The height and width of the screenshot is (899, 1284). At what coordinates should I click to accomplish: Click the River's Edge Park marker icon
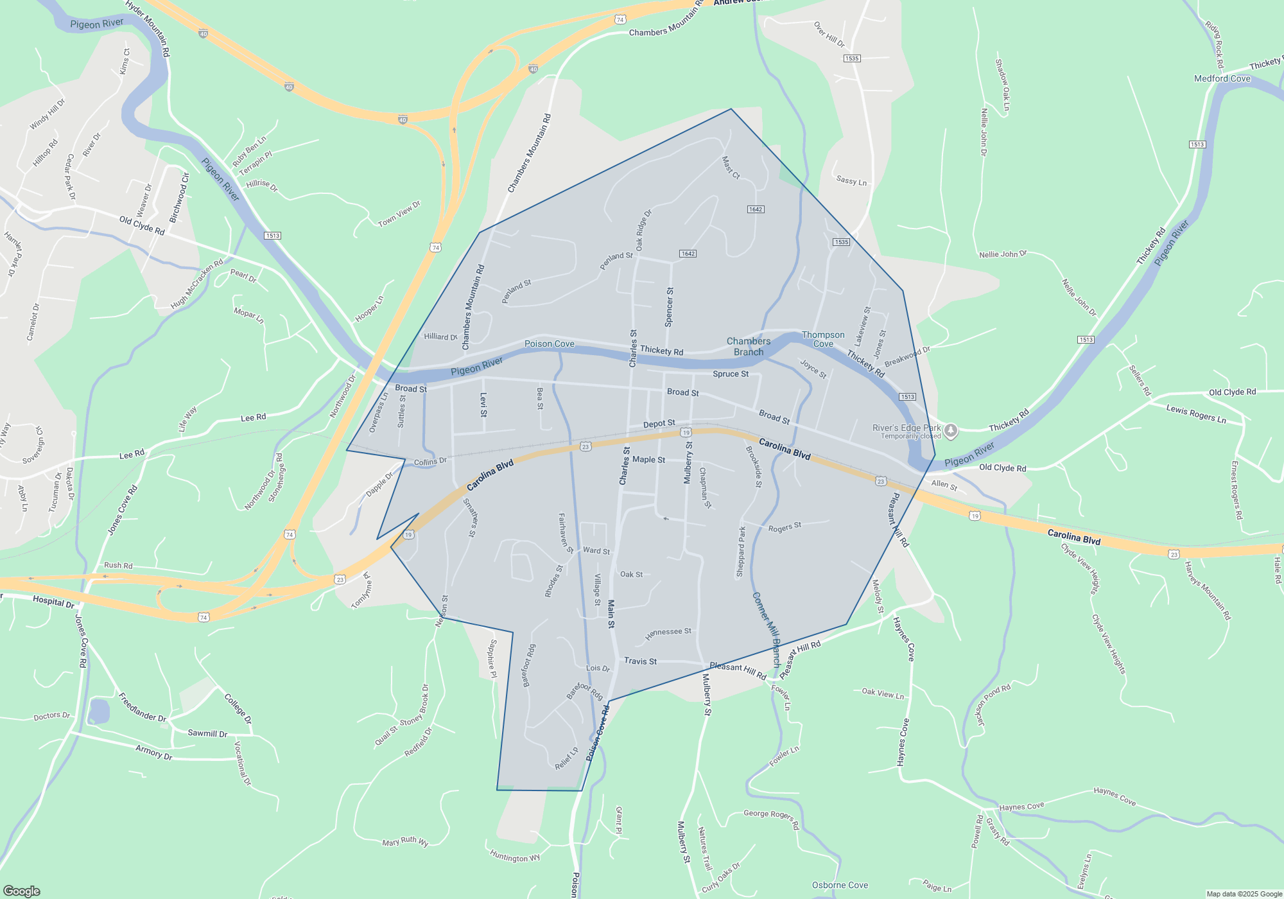click(951, 431)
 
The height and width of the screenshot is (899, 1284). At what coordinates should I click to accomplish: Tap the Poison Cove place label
click(550, 344)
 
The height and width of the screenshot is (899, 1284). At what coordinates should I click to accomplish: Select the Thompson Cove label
click(823, 339)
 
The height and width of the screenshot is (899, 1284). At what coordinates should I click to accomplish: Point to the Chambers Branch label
click(749, 347)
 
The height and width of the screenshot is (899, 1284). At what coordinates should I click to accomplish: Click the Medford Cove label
click(1222, 78)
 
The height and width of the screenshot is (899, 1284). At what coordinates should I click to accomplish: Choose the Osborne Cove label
click(840, 885)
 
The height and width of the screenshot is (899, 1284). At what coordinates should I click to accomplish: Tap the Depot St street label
click(659, 424)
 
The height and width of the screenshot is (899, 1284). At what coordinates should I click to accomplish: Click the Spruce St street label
click(731, 374)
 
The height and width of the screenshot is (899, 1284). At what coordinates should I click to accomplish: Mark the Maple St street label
click(648, 459)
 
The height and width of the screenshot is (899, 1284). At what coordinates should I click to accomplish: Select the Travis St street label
click(640, 661)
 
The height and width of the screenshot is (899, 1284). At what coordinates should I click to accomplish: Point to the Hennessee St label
click(668, 633)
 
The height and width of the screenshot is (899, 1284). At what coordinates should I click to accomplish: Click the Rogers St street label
click(785, 528)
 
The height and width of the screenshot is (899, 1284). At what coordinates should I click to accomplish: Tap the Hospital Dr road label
click(53, 602)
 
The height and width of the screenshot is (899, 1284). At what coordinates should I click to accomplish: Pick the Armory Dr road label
click(154, 752)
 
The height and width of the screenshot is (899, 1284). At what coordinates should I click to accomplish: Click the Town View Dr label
click(399, 214)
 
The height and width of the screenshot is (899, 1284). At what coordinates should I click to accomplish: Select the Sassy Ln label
click(851, 181)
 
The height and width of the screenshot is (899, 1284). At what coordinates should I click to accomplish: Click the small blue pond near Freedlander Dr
click(99, 711)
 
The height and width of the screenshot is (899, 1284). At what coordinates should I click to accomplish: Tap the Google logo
click(22, 891)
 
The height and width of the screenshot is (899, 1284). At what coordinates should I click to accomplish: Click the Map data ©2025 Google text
click(1244, 894)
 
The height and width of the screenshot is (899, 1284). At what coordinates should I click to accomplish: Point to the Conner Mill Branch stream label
click(767, 629)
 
